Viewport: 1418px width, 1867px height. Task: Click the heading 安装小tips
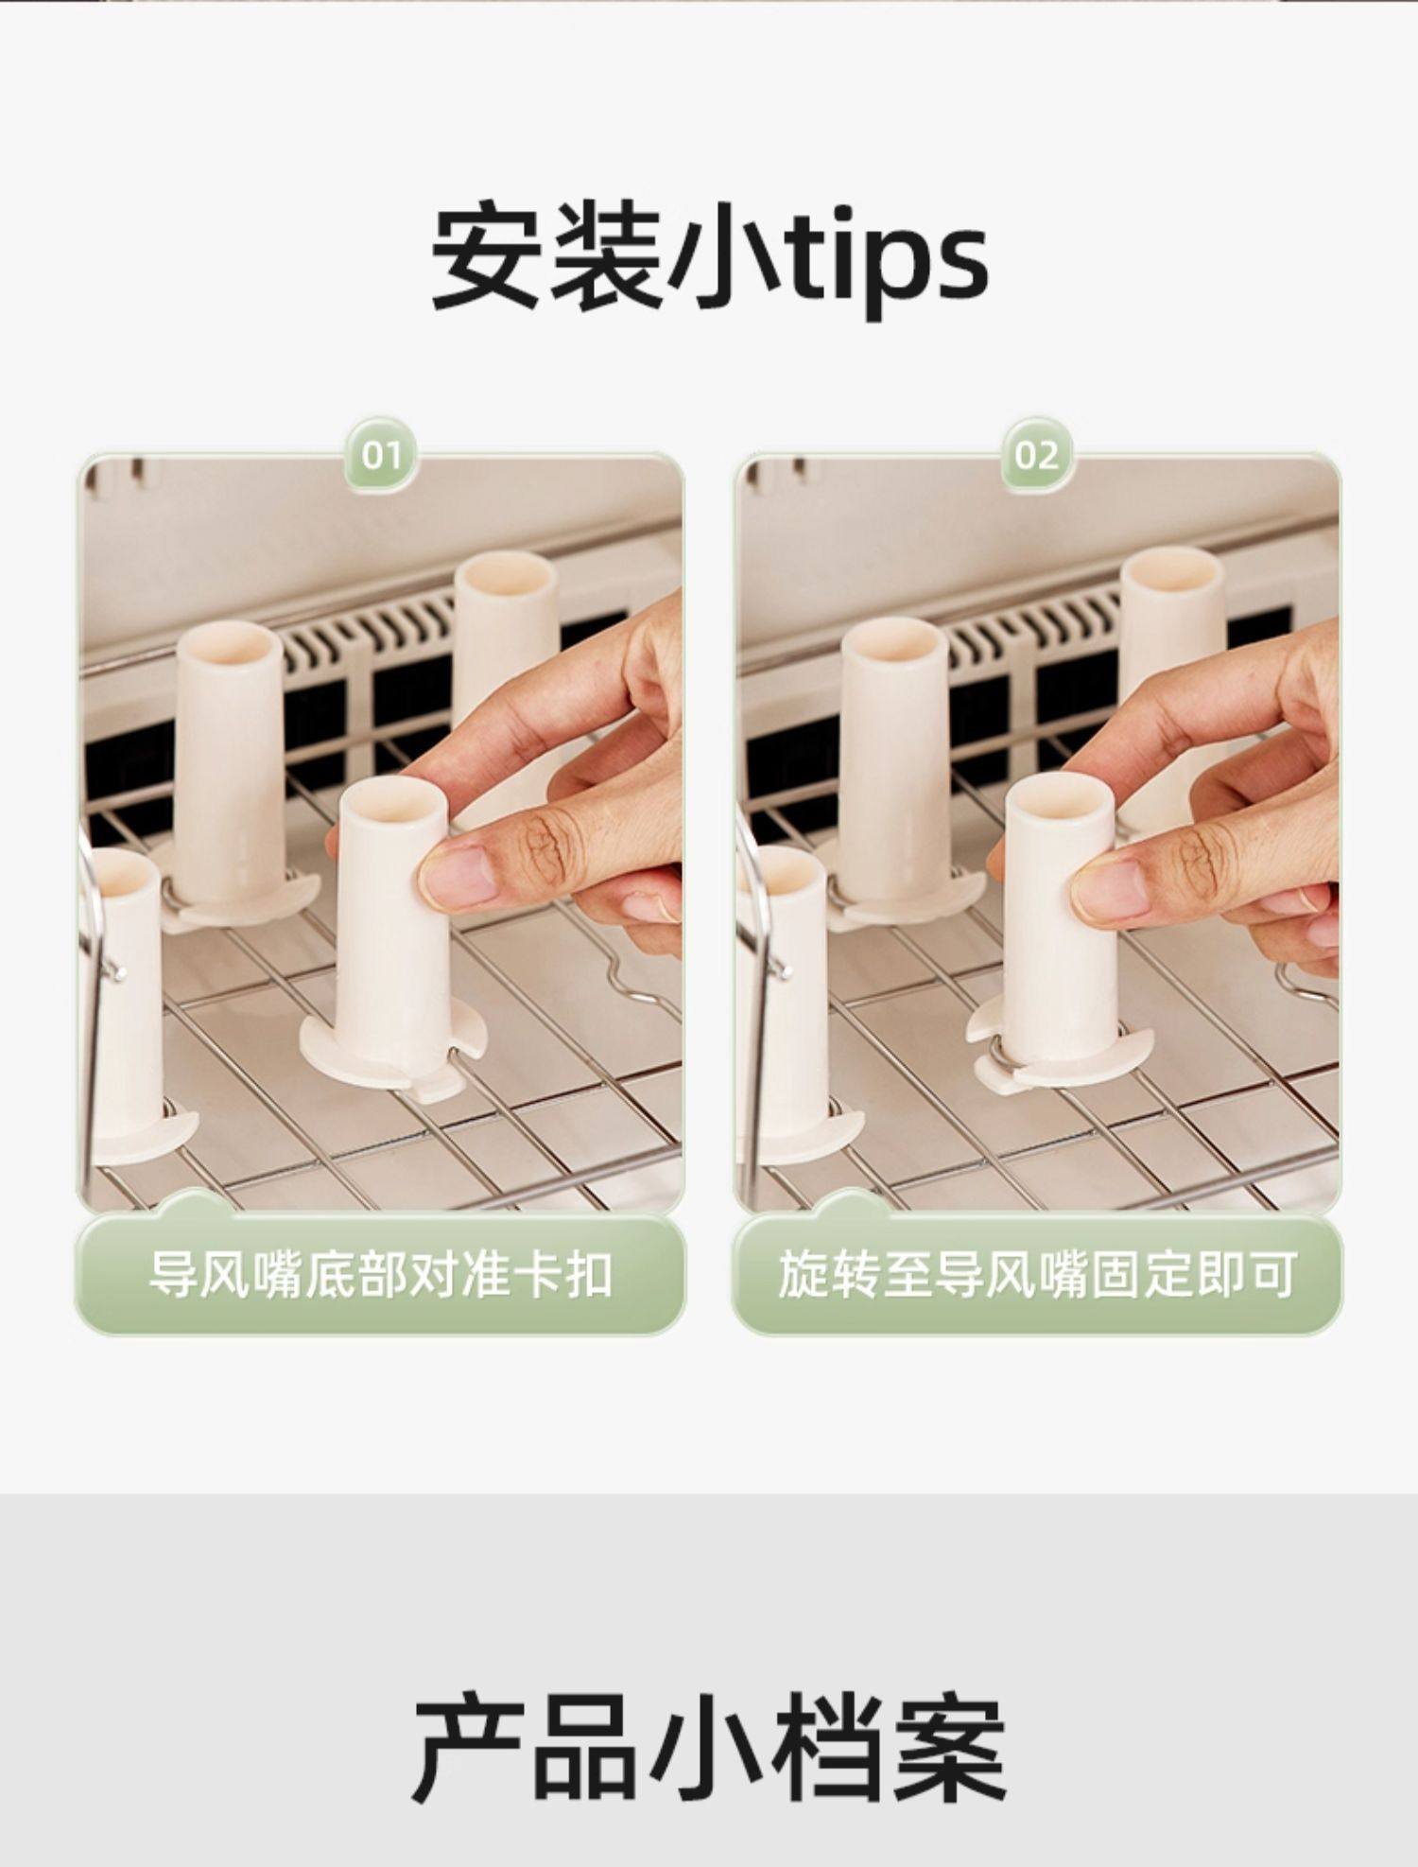click(x=709, y=257)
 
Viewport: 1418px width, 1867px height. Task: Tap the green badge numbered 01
click(x=381, y=457)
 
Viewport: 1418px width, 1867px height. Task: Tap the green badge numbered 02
click(x=1037, y=457)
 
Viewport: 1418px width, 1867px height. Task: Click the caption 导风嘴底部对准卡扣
click(x=380, y=1275)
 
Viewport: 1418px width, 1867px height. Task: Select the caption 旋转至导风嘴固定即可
click(x=1036, y=1275)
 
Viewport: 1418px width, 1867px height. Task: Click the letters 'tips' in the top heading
click(x=889, y=262)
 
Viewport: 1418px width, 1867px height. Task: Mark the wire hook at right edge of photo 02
click(x=1306, y=984)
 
